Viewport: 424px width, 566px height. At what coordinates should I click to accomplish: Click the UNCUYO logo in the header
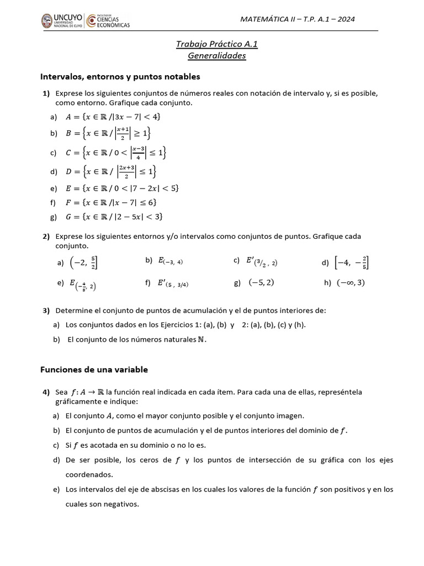click(60, 21)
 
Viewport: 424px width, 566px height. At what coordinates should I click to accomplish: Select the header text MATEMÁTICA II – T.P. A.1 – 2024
click(297, 19)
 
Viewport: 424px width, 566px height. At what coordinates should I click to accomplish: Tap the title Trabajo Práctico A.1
click(216, 44)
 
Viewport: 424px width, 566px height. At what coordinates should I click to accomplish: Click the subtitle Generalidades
click(216, 56)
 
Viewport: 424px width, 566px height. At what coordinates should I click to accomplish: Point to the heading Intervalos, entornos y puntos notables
click(120, 76)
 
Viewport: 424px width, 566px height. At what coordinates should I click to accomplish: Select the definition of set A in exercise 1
click(113, 117)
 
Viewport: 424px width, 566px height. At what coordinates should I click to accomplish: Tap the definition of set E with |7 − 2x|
click(121, 188)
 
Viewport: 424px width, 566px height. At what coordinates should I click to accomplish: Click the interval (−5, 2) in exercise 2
click(262, 282)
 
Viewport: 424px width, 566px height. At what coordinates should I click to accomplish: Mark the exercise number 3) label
click(46, 311)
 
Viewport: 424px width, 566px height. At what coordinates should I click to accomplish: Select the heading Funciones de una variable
click(94, 369)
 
